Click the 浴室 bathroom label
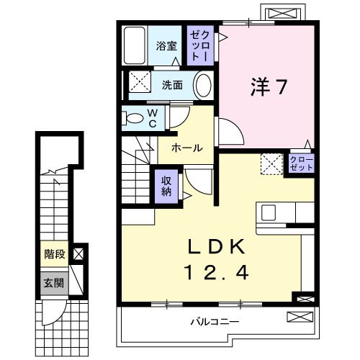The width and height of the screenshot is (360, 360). point(166,46)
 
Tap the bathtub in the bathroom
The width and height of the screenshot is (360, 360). point(135,45)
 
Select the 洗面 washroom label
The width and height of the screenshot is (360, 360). point(172,85)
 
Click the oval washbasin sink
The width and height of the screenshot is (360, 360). point(204,86)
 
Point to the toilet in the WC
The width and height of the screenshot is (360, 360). point(132,119)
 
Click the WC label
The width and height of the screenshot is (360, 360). point(153,118)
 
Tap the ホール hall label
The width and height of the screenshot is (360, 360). point(187,148)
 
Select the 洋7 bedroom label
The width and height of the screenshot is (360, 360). point(269,87)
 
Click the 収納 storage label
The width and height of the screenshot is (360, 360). point(166,186)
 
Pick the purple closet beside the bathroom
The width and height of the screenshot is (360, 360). point(200,45)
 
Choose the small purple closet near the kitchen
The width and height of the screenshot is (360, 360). point(302,163)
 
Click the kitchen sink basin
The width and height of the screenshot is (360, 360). point(269,212)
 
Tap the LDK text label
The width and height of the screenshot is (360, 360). point(217,247)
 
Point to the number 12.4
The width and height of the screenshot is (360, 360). point(217,272)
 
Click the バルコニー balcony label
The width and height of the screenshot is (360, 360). point(215,321)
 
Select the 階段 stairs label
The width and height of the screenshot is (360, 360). point(55,254)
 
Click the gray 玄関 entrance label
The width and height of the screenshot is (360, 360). point(54,283)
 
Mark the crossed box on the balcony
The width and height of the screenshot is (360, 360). point(300,317)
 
